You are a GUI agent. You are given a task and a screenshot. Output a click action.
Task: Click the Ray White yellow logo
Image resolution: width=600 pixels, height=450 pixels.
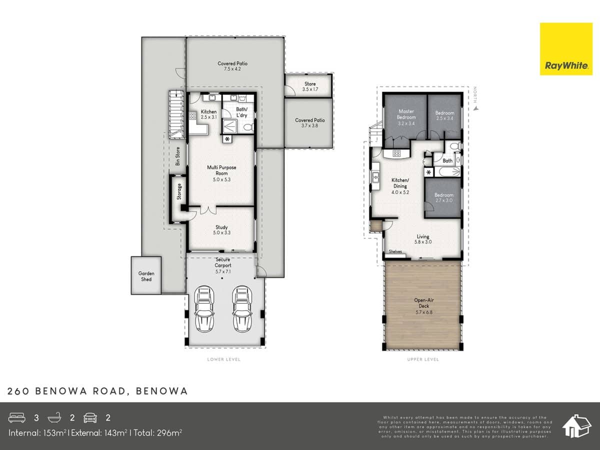558,48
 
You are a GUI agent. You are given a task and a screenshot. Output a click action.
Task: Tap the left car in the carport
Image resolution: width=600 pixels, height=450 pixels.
204,308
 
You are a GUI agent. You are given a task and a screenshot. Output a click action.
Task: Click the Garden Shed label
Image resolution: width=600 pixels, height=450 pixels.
146,276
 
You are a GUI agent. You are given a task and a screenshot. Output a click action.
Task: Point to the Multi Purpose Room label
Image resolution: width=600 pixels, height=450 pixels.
221,173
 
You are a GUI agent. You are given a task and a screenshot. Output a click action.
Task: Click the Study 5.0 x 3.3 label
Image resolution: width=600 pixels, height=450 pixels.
221,230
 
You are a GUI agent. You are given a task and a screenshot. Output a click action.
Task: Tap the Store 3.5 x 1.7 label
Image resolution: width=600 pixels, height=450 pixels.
310,86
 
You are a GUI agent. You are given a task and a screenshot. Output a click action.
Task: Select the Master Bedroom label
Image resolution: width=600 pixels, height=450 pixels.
406,117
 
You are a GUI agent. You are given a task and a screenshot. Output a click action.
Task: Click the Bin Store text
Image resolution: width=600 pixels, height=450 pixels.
177,156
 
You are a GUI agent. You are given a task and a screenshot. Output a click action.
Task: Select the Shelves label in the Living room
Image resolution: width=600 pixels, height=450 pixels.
395,251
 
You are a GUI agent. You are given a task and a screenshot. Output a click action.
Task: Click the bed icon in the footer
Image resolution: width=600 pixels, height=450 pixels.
17,417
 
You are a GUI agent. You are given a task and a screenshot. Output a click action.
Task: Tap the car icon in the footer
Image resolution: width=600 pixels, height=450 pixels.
90,417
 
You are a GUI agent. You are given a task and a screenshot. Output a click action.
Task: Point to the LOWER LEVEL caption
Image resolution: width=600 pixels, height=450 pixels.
223,359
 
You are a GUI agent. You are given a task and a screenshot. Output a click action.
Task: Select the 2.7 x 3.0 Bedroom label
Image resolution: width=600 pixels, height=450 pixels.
443,198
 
